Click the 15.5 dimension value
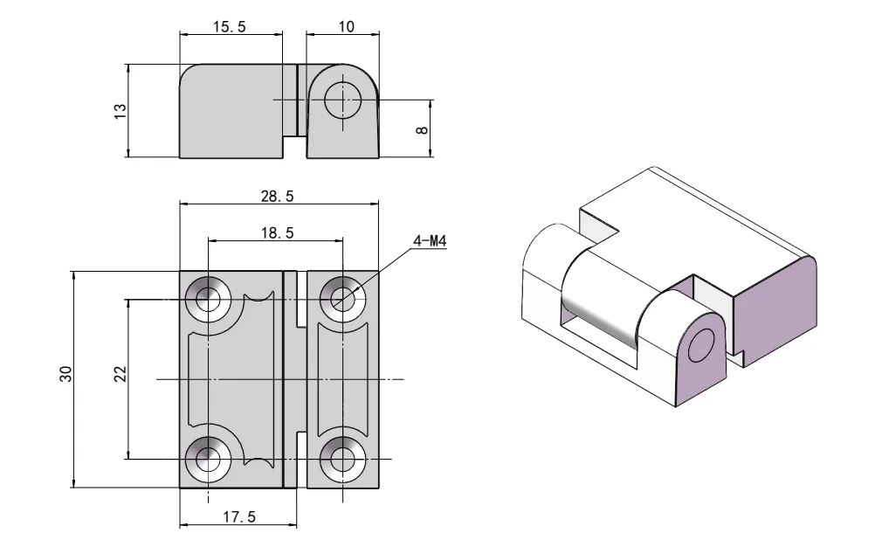point(230,27)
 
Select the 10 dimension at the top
point(346,27)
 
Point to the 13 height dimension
point(121,111)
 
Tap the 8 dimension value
point(423,129)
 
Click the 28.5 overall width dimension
point(278,197)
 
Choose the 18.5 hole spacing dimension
point(276,233)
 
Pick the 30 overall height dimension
point(65,375)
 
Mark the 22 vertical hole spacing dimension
point(121,374)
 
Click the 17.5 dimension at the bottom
point(238,517)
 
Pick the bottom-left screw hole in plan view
point(209,458)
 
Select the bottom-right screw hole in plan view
point(342,458)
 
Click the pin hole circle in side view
point(342,100)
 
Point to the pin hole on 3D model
point(700,347)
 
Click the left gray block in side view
point(231,109)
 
